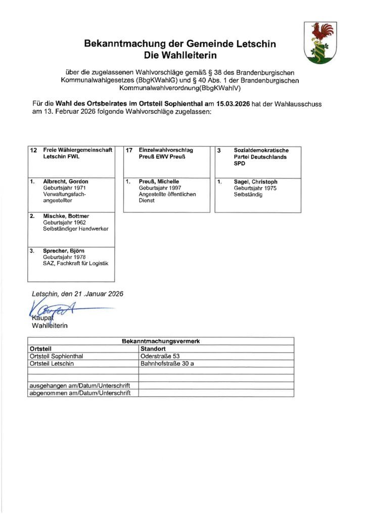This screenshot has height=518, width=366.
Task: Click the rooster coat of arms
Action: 319,42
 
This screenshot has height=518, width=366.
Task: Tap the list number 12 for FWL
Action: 34,150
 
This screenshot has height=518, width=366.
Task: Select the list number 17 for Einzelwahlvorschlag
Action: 129,150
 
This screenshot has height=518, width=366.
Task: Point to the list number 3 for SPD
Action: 219,150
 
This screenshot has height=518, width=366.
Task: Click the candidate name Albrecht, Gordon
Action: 66,182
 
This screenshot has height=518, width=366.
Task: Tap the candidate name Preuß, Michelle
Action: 159,182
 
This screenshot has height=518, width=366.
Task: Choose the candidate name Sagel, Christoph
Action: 256,182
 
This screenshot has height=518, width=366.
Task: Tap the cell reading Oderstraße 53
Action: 160,356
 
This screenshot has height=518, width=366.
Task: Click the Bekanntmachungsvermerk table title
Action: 161,341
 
